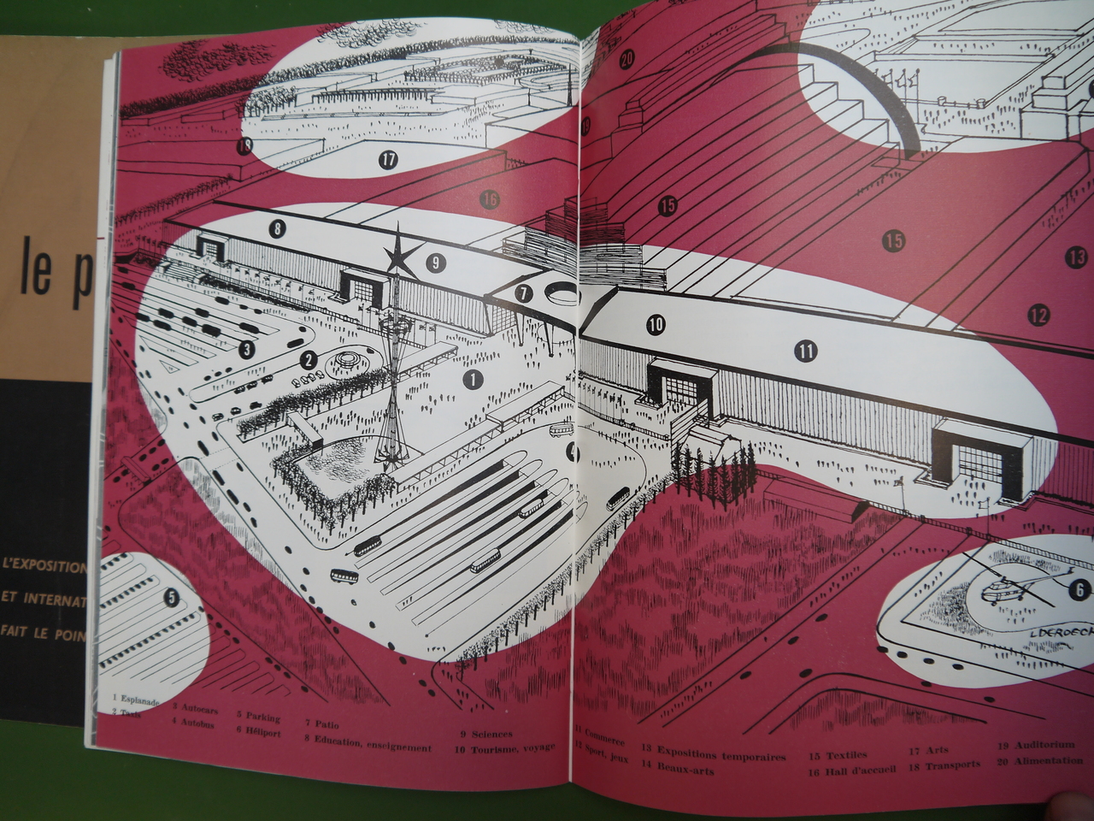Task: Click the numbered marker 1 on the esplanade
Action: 472,377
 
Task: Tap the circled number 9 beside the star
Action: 435,262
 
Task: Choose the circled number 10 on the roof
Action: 656,325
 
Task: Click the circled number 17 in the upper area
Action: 389,158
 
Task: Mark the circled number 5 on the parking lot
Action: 172,598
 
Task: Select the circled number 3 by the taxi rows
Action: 247,348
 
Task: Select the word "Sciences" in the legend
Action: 491,734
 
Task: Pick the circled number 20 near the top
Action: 627,60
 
